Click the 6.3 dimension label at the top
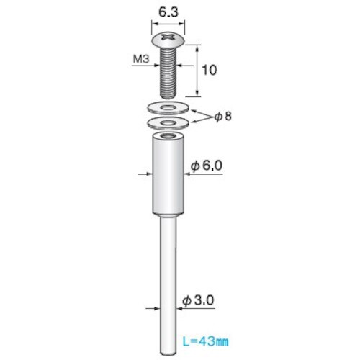point(168,12)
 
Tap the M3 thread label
point(141,59)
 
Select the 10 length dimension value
point(210,70)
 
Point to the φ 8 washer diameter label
point(223,117)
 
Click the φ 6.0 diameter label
point(207,166)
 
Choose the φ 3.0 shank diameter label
point(198,300)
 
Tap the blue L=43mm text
point(205,341)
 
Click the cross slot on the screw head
point(168,37)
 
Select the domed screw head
point(168,40)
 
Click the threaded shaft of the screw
point(168,73)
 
